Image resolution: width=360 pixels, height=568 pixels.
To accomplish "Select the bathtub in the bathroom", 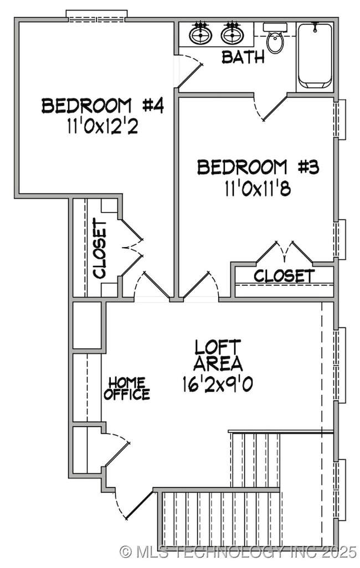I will [315, 55].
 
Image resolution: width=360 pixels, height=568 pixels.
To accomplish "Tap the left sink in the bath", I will [200, 35].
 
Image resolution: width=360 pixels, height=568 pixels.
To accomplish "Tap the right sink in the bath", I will [232, 35].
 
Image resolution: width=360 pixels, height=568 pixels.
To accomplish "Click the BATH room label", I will [243, 57].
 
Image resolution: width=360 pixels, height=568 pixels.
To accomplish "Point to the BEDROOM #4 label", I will [102, 105].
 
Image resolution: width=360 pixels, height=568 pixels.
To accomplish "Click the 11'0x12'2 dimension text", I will [102, 126].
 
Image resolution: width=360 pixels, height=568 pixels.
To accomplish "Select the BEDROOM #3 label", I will [258, 167].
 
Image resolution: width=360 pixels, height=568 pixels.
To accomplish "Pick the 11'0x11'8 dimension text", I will [258, 188].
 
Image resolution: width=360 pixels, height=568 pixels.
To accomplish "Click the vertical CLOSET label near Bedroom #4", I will [100, 248].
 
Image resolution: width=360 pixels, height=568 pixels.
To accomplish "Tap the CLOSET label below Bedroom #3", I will [284, 275].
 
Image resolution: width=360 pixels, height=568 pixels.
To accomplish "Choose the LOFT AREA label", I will [218, 355].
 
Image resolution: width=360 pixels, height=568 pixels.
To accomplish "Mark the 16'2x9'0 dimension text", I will [218, 383].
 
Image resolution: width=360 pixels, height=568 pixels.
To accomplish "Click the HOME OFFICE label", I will [127, 388].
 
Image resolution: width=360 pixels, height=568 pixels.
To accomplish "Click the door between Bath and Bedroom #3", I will [271, 109].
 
